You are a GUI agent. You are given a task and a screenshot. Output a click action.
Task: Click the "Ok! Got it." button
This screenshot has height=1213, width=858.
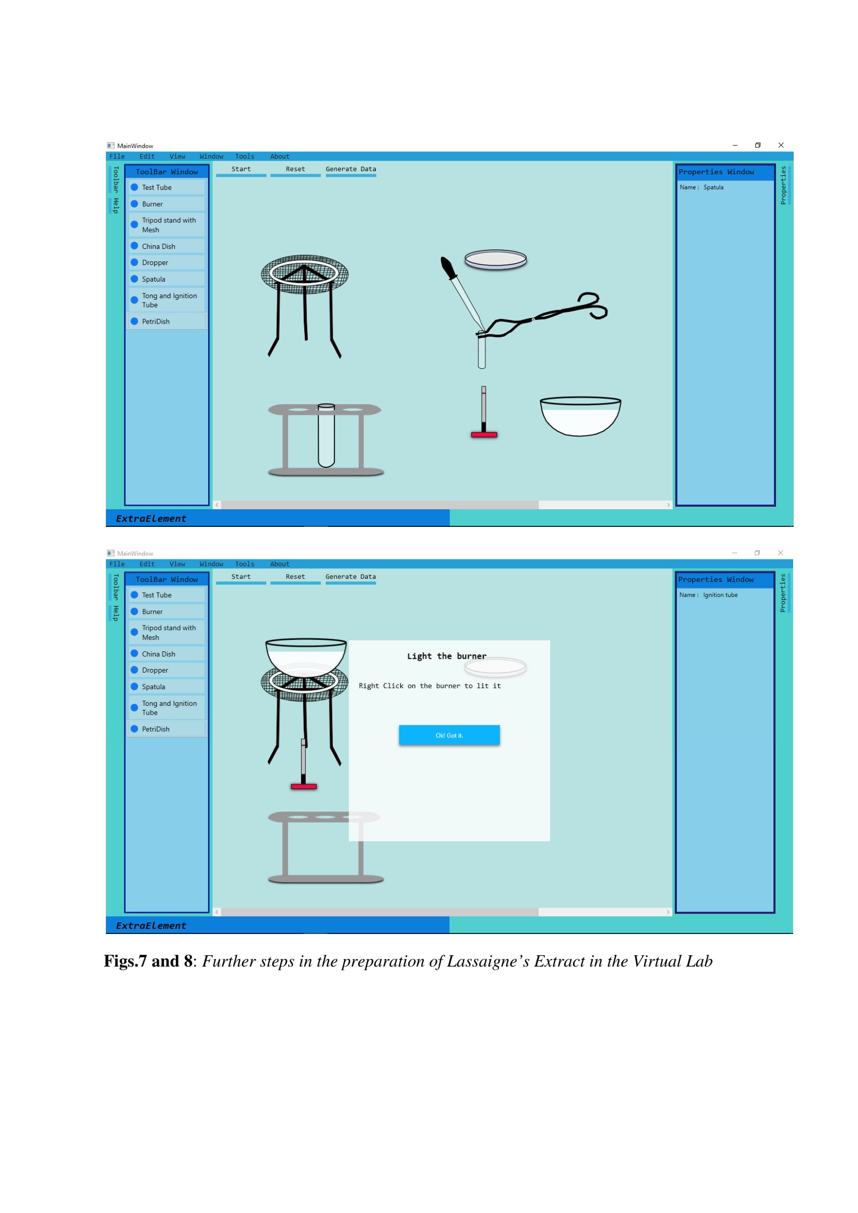(x=449, y=735)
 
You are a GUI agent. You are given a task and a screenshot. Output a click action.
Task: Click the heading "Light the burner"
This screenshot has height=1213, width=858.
(x=447, y=656)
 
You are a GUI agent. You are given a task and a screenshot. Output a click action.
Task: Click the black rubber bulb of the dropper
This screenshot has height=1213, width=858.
(x=448, y=267)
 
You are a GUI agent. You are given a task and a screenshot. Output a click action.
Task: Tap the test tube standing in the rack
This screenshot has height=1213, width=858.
(x=326, y=435)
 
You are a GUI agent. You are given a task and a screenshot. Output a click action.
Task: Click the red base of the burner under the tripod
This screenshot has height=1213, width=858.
(x=304, y=787)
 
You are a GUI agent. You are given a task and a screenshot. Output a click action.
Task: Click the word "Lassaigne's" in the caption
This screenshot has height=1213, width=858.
(x=488, y=961)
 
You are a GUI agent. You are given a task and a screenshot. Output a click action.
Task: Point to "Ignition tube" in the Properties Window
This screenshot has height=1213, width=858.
(x=720, y=595)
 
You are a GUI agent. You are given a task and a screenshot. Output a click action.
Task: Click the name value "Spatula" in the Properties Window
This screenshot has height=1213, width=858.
(x=713, y=187)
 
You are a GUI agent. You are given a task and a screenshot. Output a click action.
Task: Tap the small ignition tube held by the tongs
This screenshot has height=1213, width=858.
(x=482, y=349)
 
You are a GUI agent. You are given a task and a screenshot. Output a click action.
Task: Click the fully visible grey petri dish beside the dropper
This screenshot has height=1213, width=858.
(x=495, y=259)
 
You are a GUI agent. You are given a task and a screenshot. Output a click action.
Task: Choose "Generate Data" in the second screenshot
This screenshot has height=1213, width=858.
(x=350, y=576)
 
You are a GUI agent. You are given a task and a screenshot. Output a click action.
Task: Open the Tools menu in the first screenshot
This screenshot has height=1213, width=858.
(x=245, y=157)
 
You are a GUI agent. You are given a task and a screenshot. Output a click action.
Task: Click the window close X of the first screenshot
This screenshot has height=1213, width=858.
(x=781, y=145)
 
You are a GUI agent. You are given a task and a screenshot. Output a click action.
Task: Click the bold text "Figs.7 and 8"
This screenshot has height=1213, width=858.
(x=148, y=961)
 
